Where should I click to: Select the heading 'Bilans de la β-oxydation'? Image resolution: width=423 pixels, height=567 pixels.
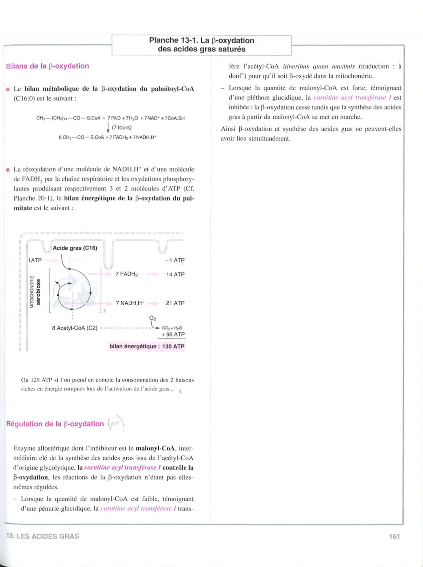coord(48,66)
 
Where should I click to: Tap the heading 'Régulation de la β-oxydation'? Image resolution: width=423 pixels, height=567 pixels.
coord(55,424)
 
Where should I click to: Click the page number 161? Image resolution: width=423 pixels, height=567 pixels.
coord(394,536)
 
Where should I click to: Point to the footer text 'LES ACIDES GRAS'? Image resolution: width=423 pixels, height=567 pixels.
coord(48,536)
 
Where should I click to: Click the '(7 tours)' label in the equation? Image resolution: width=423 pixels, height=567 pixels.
coord(122,127)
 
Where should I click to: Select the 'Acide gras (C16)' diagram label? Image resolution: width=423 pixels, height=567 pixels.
coord(75,248)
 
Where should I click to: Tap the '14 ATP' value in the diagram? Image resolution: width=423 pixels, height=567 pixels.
coord(175,274)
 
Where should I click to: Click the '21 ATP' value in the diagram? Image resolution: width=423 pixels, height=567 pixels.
coord(175,303)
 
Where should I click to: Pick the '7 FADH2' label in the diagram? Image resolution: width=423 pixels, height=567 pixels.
coord(126,274)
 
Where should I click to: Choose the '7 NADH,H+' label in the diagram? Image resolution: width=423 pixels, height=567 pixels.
coord(130,303)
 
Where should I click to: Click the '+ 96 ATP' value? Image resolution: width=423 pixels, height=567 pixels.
coord(173,334)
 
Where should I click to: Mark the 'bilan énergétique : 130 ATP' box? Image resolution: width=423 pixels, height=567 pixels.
coord(147,346)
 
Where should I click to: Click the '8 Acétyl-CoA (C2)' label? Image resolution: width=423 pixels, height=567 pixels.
coord(74,328)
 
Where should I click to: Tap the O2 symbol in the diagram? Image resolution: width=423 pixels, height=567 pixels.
coord(152,318)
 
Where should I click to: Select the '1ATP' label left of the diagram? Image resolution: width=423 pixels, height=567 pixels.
coord(35,260)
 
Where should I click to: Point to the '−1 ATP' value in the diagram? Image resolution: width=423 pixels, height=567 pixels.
coord(175,260)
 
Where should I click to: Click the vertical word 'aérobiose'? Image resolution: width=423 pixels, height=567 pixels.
coord(38,292)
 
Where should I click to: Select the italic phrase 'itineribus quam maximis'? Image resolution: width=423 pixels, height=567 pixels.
coord(319,66)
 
